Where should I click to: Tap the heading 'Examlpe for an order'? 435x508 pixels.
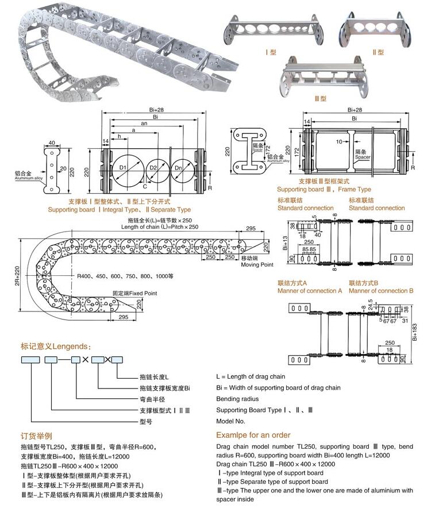pos(253,435)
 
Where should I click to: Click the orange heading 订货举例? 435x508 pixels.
pos(37,436)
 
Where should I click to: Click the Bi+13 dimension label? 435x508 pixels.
pos(286,244)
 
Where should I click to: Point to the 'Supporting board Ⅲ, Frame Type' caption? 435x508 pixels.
pos(324,189)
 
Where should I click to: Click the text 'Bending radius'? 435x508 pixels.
pos(237,399)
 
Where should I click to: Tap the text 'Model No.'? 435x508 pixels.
pos(232,421)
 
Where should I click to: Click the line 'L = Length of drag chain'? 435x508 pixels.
pos(251,376)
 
